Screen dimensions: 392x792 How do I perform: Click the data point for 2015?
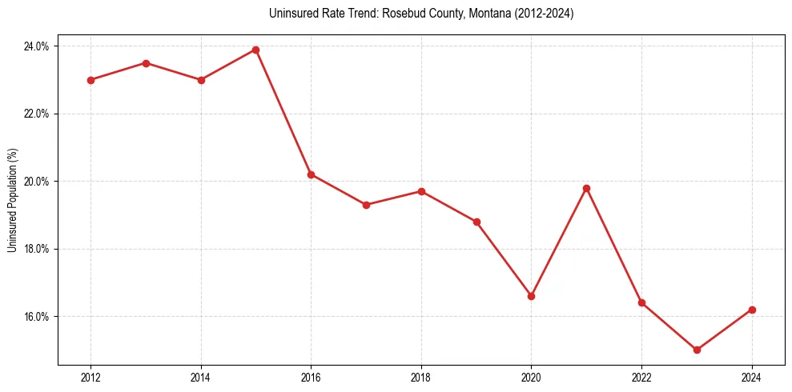(x=255, y=50)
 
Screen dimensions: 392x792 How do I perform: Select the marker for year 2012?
(x=90, y=80)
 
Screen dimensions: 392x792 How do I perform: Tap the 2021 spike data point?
(x=586, y=188)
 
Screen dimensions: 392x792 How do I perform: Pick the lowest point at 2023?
(x=697, y=350)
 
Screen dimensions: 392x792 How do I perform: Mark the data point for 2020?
(x=531, y=296)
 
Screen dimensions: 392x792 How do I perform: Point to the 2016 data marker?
(x=311, y=174)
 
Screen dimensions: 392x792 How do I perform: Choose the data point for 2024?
(x=752, y=310)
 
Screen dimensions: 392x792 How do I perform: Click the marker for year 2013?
(x=146, y=63)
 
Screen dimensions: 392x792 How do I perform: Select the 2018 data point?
(x=421, y=191)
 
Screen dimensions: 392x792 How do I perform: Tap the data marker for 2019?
(x=476, y=222)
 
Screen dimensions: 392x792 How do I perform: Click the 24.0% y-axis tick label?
(x=36, y=46)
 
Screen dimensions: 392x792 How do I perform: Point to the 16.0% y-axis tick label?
(x=36, y=317)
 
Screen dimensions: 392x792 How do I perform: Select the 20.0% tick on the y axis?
(x=36, y=182)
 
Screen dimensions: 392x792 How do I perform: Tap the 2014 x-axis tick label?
(x=201, y=378)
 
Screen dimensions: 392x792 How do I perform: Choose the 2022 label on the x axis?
(x=641, y=378)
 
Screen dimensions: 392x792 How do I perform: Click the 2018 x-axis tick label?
(x=421, y=378)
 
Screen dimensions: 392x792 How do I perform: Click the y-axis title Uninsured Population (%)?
(x=12, y=200)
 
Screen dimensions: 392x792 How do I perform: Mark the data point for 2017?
(x=366, y=205)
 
